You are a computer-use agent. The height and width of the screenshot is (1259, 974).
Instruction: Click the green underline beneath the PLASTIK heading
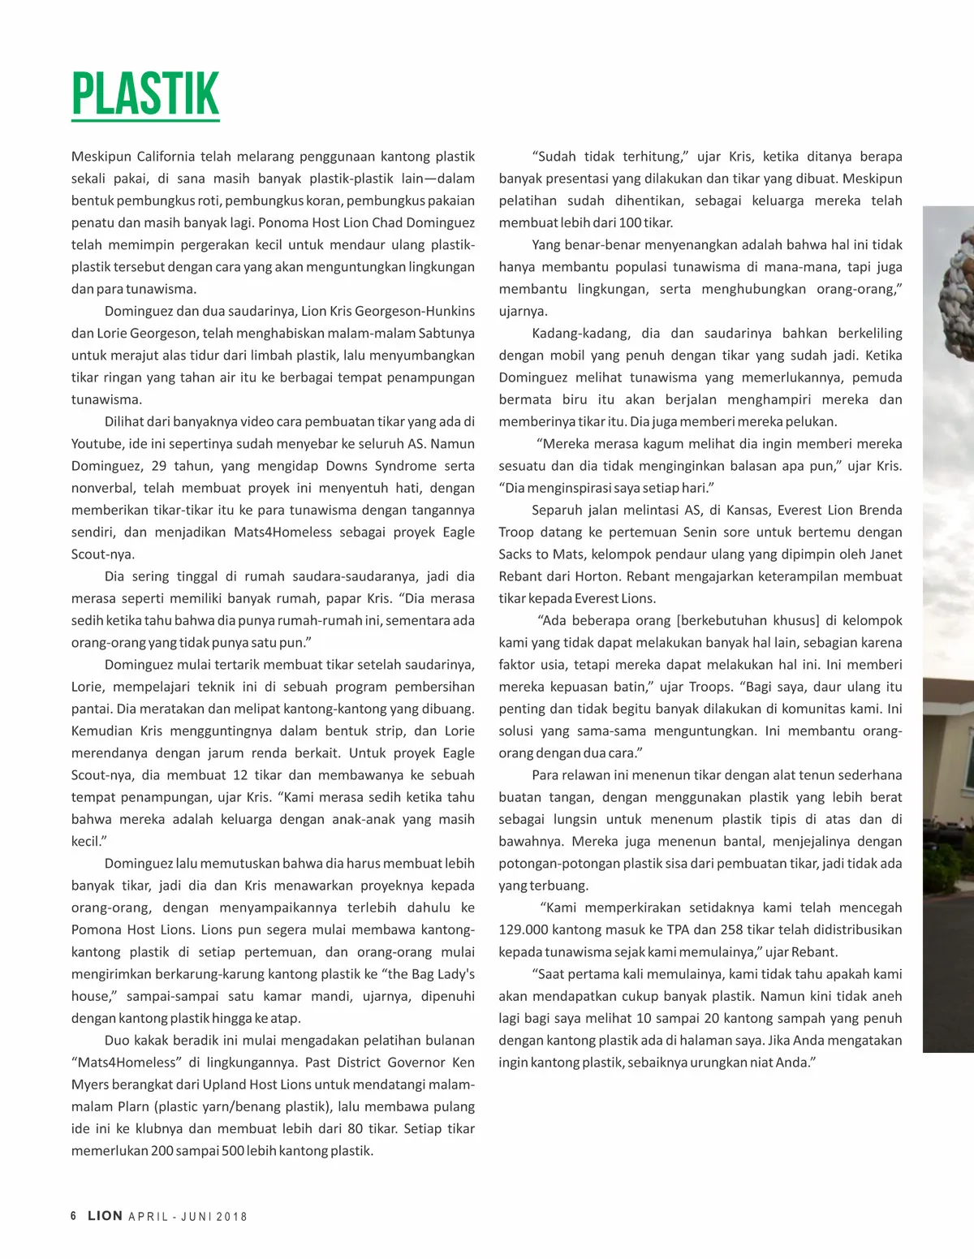(145, 121)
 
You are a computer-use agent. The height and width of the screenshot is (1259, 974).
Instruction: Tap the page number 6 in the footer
(74, 1216)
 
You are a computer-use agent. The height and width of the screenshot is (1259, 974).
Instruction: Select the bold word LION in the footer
(106, 1216)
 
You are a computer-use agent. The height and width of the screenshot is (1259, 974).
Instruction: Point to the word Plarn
(132, 1106)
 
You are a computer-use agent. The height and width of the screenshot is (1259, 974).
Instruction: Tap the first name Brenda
(875, 510)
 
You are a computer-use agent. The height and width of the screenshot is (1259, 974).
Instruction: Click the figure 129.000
(527, 929)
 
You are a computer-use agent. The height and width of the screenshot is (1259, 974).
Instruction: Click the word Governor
(407, 1062)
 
